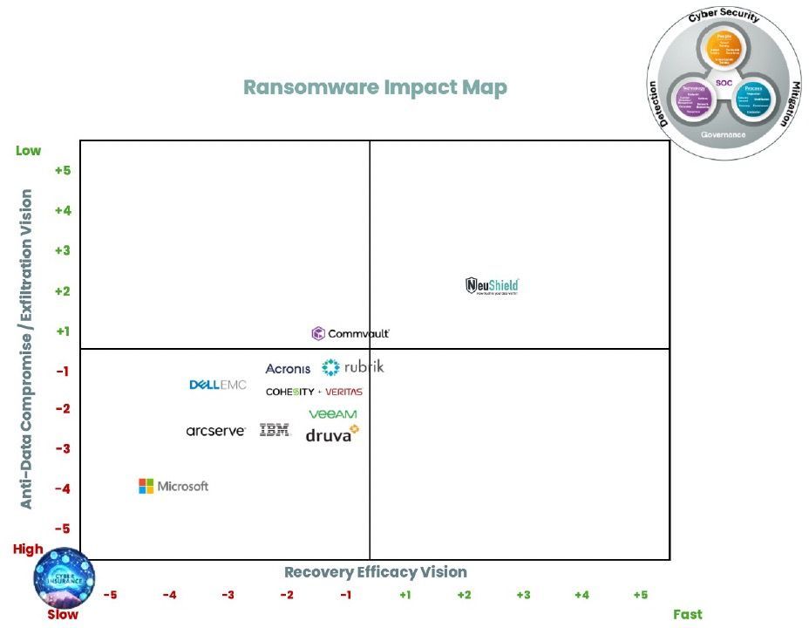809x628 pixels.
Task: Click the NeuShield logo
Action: [493, 286]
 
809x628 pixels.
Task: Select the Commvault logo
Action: [350, 333]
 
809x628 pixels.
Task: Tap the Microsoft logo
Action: [173, 486]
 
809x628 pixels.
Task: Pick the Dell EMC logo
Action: [218, 385]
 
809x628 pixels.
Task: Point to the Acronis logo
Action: [288, 369]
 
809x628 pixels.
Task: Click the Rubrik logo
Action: [353, 367]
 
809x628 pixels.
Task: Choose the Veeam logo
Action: [332, 414]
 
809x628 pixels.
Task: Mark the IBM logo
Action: [275, 430]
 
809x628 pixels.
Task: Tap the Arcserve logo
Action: [216, 430]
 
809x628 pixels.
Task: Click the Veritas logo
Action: [343, 392]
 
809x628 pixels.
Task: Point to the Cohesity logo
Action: [290, 392]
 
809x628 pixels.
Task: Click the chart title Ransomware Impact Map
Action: [375, 88]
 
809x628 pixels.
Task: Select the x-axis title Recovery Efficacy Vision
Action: [376, 572]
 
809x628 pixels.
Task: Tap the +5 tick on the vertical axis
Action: [63, 170]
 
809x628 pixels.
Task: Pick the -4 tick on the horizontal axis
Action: [169, 595]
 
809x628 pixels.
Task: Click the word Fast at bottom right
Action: [687, 614]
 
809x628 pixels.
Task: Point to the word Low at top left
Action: [29, 151]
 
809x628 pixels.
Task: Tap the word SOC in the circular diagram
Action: [724, 83]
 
